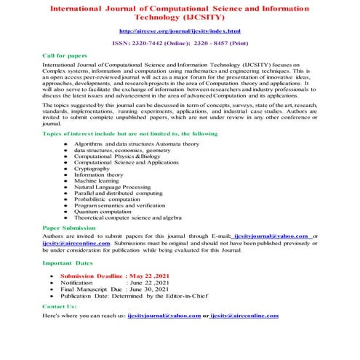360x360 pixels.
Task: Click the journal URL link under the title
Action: (x=180, y=32)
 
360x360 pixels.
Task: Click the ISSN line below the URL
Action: (x=180, y=43)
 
